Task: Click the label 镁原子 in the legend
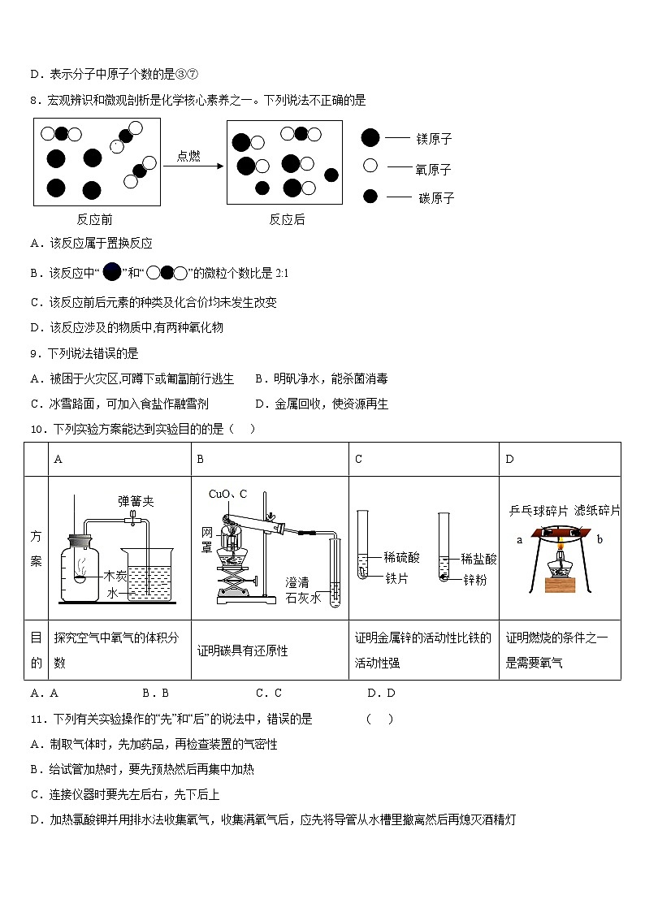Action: [434, 139]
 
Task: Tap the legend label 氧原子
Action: [434, 169]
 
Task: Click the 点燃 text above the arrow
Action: [188, 156]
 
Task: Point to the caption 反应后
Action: [287, 219]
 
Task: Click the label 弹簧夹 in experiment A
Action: [135, 501]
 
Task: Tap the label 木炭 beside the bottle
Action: [116, 575]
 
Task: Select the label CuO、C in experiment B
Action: [227, 494]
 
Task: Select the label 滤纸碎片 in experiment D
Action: [597, 510]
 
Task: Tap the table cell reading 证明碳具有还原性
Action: [243, 651]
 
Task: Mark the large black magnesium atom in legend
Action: [370, 138]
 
